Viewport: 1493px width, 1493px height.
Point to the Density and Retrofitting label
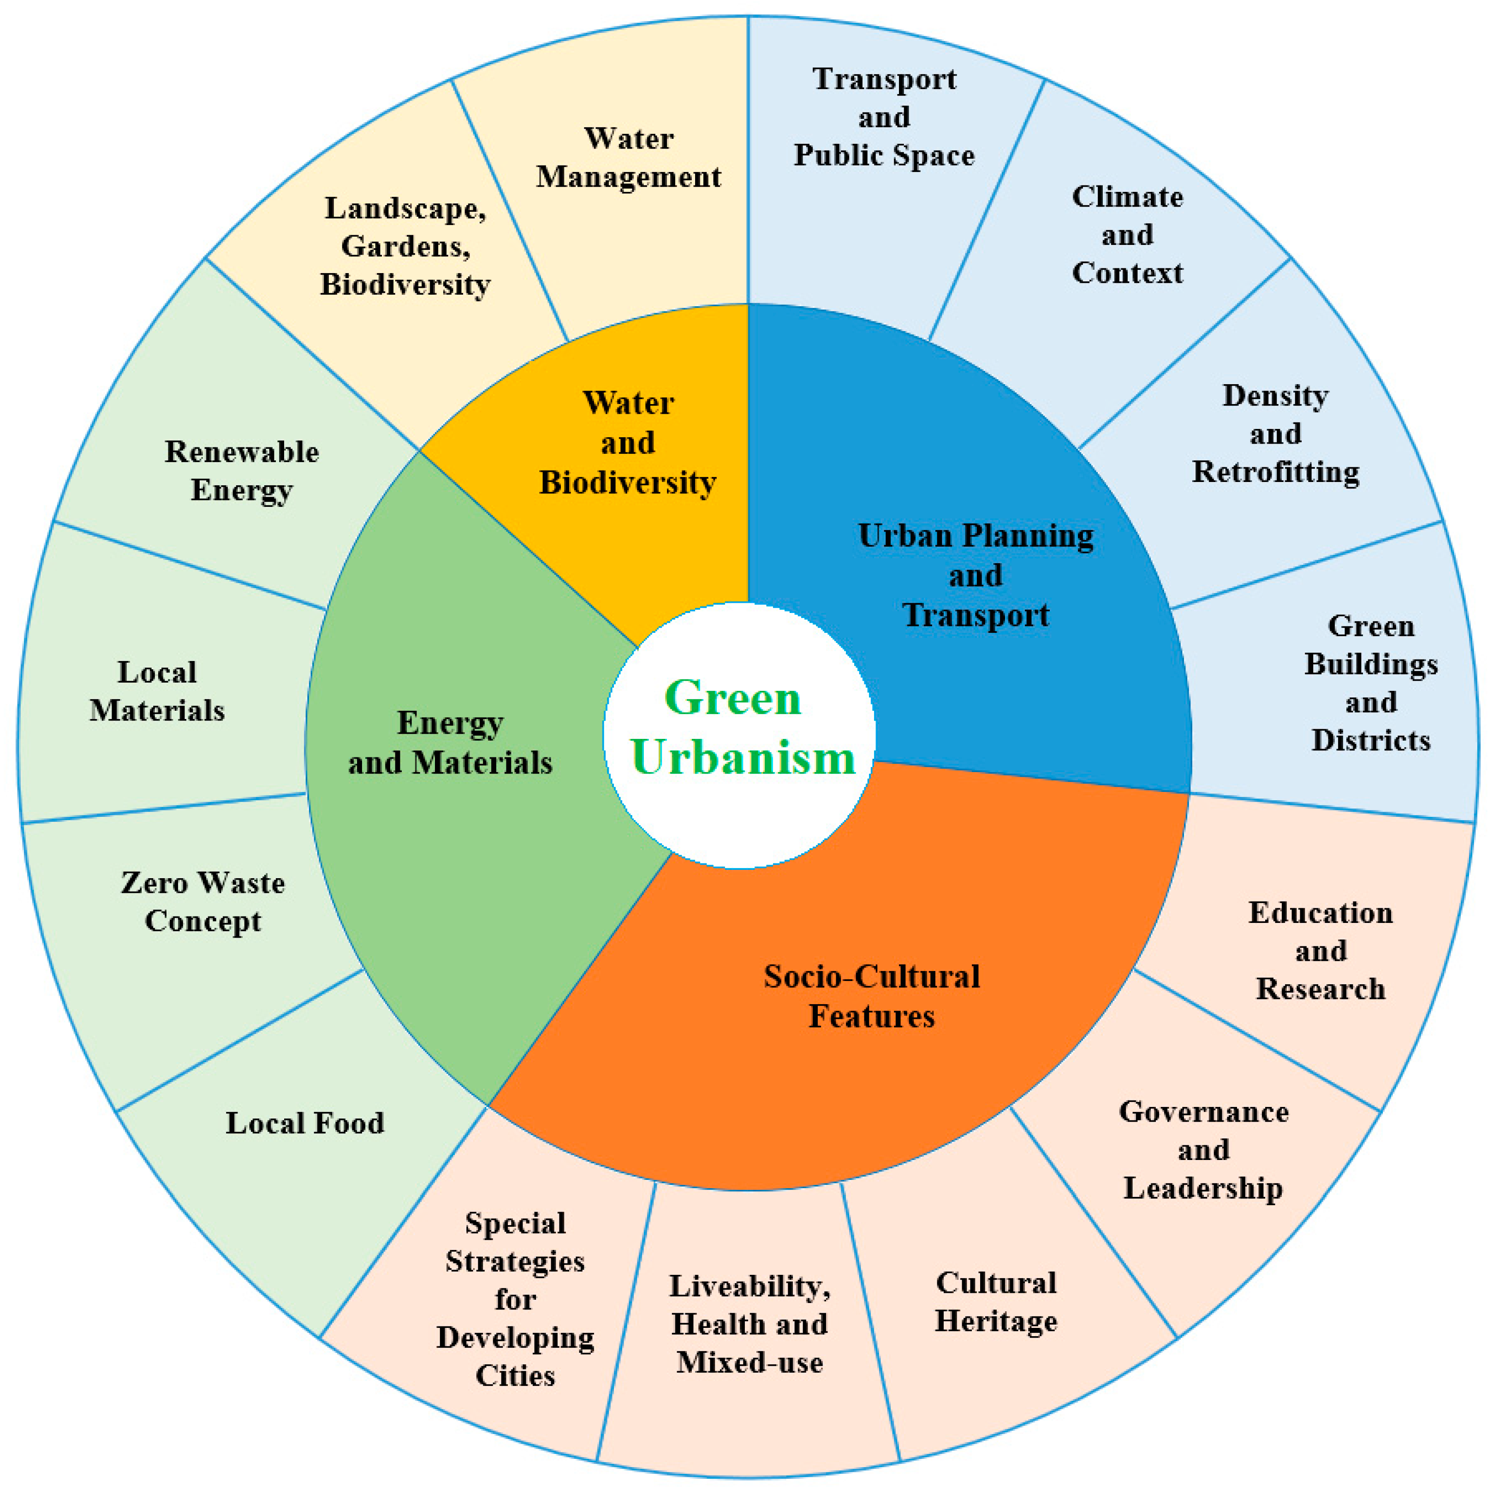coord(1275,434)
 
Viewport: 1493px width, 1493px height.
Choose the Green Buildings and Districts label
coord(1370,683)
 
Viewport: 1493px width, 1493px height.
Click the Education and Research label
coord(1320,951)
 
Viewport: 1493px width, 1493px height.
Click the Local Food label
coord(304,1123)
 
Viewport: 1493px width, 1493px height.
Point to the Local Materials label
coord(157,691)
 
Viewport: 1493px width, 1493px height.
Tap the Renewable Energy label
coord(241,470)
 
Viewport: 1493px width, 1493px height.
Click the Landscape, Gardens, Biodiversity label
coord(405,246)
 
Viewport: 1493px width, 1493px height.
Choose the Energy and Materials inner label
coord(450,743)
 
